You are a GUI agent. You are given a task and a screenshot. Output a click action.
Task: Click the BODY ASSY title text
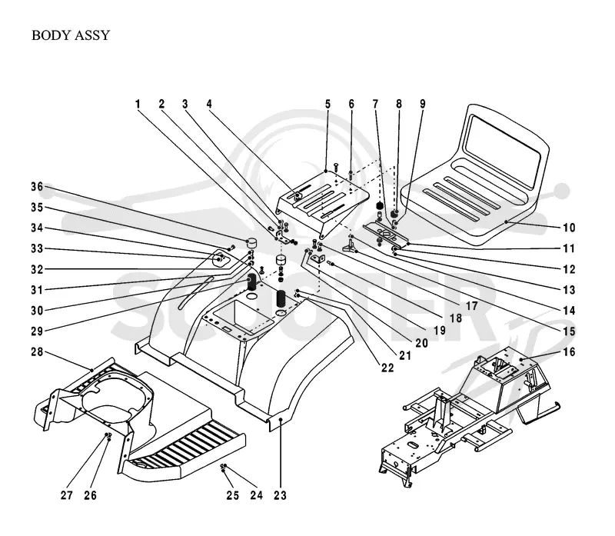click(71, 35)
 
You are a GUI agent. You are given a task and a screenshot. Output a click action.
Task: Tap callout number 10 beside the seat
click(569, 228)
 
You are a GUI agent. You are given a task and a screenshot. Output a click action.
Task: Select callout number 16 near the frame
click(569, 352)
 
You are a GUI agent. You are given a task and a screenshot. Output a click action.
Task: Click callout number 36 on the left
click(37, 187)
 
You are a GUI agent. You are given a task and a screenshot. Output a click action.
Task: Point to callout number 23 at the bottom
click(280, 495)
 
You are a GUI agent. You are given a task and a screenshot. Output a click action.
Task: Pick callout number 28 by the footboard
click(37, 352)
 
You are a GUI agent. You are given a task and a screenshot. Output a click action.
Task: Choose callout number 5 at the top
click(327, 104)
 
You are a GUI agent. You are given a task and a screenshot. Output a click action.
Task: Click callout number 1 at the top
click(138, 104)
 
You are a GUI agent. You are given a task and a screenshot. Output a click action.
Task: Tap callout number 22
click(387, 368)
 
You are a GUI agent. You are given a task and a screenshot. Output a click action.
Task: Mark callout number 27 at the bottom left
click(67, 495)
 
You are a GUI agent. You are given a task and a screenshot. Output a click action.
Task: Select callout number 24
click(257, 495)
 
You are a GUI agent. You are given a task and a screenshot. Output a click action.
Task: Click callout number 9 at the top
click(422, 104)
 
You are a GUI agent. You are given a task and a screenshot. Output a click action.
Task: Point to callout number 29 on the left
click(37, 331)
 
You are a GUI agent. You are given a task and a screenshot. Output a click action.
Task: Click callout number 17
click(471, 306)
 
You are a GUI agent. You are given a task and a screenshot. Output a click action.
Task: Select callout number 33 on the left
click(37, 248)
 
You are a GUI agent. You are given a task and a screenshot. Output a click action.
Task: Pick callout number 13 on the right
click(569, 290)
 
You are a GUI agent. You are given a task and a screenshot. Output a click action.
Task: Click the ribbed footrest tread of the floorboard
click(184, 444)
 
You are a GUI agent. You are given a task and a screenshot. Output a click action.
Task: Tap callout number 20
click(421, 343)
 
